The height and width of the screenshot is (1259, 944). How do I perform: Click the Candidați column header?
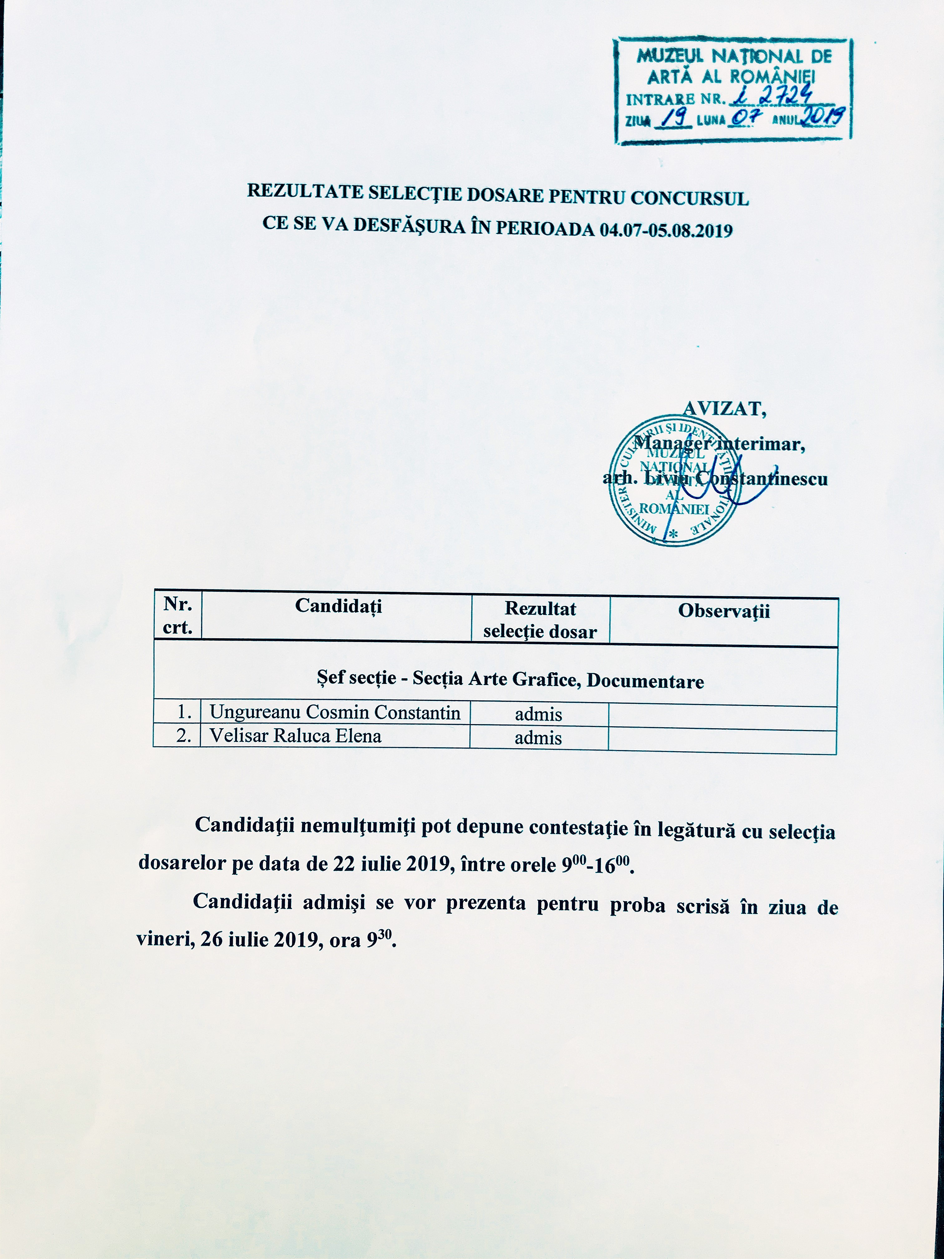[x=338, y=605]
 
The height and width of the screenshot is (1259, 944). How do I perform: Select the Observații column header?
[x=724, y=611]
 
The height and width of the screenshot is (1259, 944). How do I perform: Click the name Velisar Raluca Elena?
[x=295, y=736]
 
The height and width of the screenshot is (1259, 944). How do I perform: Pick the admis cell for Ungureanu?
[x=538, y=714]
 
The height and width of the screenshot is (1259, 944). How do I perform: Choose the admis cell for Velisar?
[x=538, y=738]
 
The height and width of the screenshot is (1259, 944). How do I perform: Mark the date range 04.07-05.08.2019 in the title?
[x=666, y=230]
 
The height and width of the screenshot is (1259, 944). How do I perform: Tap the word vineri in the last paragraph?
[x=160, y=939]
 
